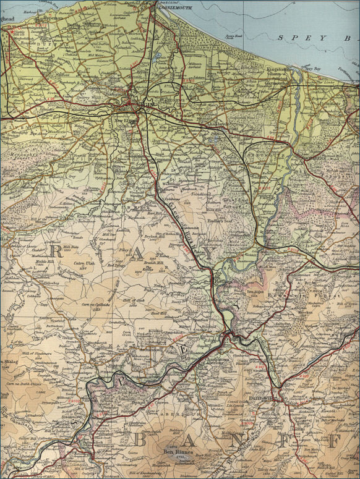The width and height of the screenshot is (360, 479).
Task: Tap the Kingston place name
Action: click(278, 70)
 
